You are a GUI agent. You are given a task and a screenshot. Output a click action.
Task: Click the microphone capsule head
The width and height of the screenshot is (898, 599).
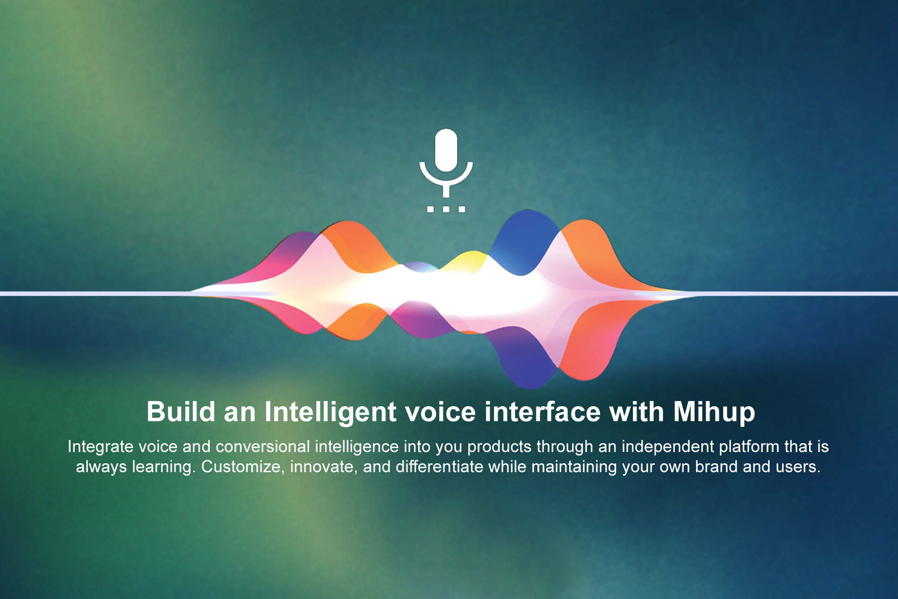pos(446,150)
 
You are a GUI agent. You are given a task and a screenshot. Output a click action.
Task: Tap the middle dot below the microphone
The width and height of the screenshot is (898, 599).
pos(446,209)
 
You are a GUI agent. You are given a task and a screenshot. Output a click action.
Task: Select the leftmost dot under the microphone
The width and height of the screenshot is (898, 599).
pos(430,209)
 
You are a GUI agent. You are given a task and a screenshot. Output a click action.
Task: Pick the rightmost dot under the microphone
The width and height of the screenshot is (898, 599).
pos(462,209)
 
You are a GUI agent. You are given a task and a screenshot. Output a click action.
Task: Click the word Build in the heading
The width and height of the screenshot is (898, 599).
pos(181,412)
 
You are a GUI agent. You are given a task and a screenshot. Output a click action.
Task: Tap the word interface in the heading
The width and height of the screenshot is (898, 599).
pos(543,412)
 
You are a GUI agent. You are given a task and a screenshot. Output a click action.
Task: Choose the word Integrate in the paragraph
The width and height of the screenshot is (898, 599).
pos(101,447)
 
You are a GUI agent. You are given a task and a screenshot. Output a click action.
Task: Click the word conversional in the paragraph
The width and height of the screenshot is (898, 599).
pos(263,446)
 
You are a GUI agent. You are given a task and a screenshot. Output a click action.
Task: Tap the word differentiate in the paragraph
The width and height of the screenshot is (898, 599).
pos(440,467)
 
